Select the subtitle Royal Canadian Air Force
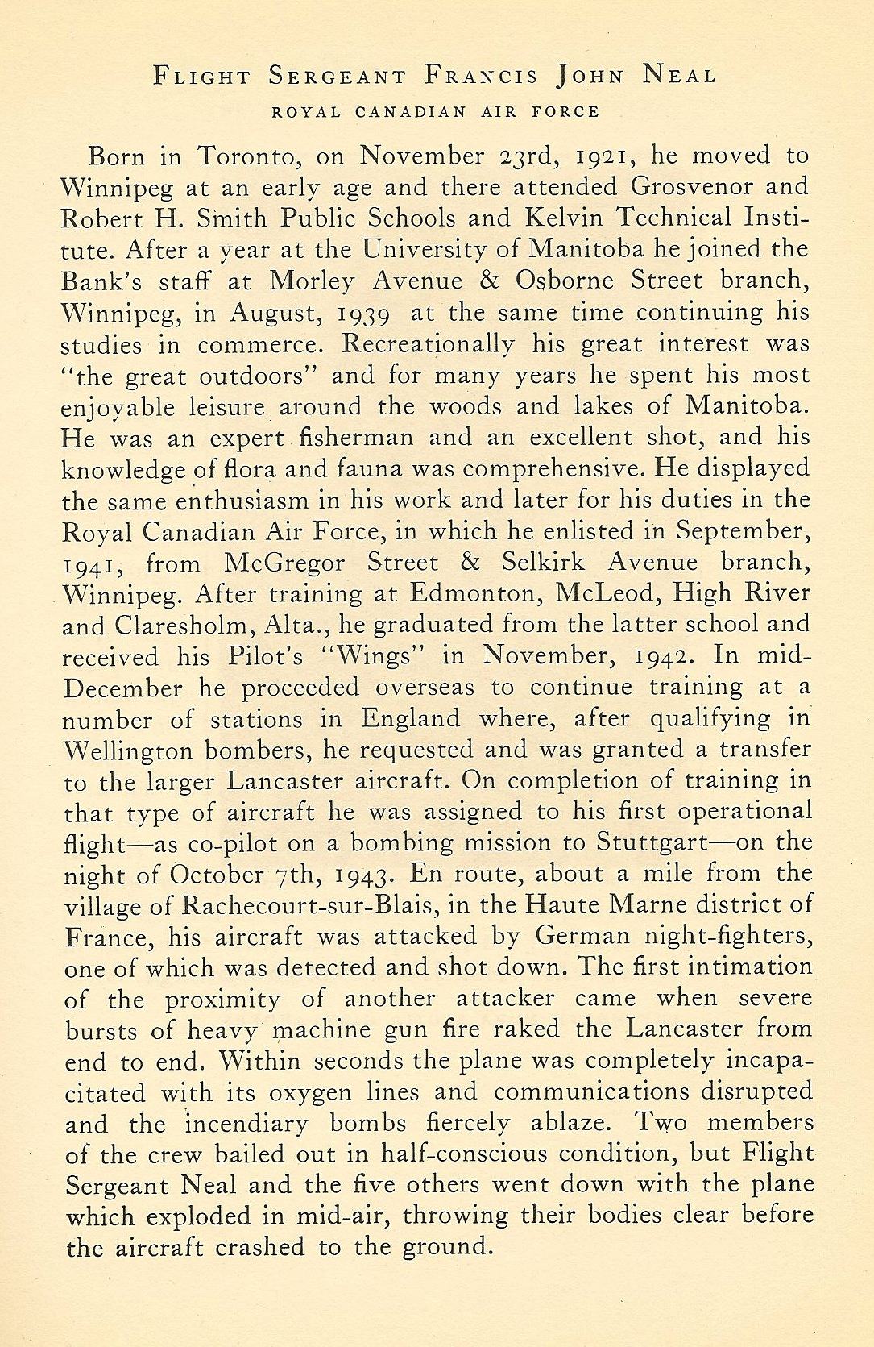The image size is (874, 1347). pos(437,112)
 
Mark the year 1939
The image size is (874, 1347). pos(361,313)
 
